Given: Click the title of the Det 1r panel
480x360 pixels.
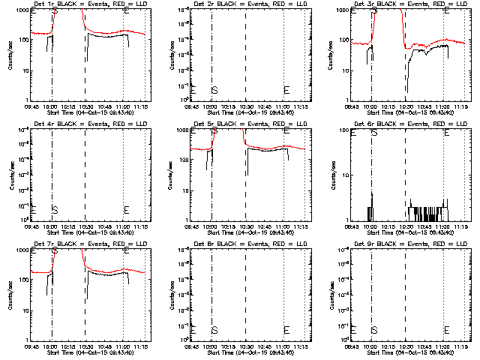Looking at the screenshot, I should point(84,4).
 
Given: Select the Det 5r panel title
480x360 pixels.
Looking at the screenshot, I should point(244,124).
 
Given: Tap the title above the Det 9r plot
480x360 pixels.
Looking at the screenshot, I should point(405,244).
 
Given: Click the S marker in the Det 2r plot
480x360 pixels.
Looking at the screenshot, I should point(215,90).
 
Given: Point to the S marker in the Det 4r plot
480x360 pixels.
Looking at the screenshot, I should point(55,210).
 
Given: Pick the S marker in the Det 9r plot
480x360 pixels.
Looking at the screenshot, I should point(375,330).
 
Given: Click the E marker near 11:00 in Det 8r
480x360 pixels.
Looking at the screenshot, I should point(286,330).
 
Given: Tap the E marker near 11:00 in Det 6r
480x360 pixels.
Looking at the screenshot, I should point(447,133).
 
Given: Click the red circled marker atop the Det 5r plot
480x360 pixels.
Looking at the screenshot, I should point(215,130).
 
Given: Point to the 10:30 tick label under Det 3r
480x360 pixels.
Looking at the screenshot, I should point(406,107).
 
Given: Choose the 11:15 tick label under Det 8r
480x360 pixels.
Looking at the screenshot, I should point(304,347).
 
